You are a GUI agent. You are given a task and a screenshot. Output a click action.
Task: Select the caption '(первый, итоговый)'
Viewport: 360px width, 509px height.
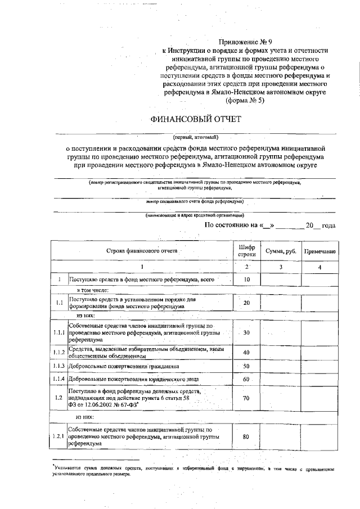tap(195, 137)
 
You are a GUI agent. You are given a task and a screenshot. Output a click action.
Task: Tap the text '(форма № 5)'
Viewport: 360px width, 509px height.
tap(244, 101)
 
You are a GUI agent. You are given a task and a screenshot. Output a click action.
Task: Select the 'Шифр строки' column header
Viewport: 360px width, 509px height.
tap(246, 251)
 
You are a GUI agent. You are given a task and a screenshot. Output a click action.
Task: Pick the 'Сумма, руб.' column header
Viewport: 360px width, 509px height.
tap(281, 251)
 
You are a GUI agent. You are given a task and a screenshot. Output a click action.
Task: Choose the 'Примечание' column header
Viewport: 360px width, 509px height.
tap(319, 251)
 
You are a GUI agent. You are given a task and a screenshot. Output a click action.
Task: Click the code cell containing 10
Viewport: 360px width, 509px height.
tap(246, 279)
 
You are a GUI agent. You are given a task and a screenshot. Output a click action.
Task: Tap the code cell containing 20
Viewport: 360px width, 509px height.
tap(246, 303)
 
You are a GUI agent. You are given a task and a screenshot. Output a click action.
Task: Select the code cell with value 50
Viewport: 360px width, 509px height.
tap(246, 366)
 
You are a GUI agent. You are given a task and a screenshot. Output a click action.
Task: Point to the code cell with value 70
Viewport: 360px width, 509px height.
tap(246, 398)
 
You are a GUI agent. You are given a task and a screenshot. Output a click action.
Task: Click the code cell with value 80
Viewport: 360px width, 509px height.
tap(246, 436)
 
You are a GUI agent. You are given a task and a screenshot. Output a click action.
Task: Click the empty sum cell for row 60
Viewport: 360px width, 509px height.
tap(281, 380)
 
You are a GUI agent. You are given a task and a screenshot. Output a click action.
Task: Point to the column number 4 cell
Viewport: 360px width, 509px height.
tap(319, 267)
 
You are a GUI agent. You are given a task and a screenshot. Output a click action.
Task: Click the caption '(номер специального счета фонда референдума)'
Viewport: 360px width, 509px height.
tap(195, 201)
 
